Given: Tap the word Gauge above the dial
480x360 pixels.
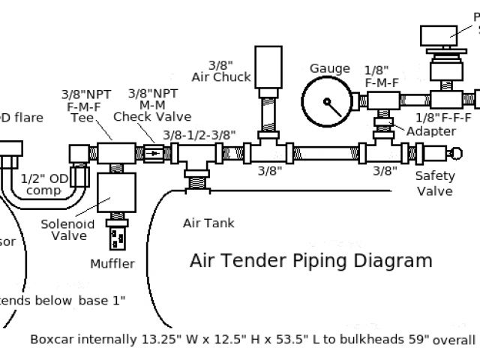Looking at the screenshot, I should (329, 69).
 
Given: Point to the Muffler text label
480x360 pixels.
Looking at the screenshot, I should (112, 263).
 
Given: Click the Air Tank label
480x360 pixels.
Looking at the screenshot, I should (208, 223).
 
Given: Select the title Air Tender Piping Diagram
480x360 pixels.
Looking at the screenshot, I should (310, 261).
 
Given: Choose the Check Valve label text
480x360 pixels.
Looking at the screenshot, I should (152, 117).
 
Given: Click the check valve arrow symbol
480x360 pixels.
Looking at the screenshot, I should (153, 154).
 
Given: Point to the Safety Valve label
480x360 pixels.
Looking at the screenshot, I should (435, 184).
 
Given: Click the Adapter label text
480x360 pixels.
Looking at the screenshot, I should (430, 131).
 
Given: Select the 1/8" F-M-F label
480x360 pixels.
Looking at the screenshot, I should (381, 75).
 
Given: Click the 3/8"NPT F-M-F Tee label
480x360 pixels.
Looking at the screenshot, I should (87, 106).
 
